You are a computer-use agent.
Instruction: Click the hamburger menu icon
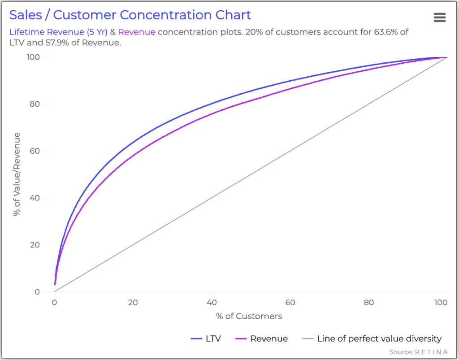click(440, 17)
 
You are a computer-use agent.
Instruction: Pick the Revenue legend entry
click(261, 339)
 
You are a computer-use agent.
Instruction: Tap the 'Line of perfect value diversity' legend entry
click(372, 339)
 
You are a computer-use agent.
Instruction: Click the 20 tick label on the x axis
click(133, 302)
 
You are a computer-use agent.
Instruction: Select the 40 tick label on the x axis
click(212, 302)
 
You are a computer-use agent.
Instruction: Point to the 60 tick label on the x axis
click(290, 302)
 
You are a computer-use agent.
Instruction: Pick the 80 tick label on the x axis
click(369, 302)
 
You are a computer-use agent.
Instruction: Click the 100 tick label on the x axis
click(442, 302)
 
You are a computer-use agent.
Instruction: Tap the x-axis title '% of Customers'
click(249, 317)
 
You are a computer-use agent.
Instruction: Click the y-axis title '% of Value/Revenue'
click(17, 174)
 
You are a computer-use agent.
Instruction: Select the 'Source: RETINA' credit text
click(418, 352)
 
